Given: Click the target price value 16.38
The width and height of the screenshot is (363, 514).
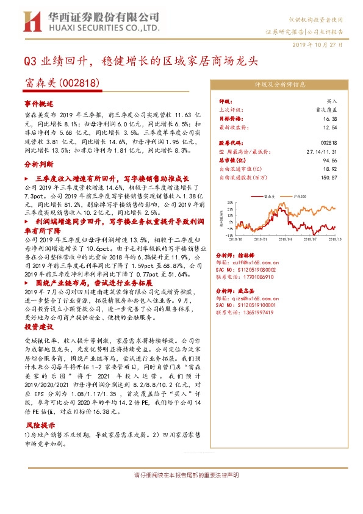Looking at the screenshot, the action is coord(330,119).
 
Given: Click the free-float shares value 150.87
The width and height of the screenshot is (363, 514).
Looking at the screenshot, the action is coord(328,178).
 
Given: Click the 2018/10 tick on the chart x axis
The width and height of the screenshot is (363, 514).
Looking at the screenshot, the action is coord(234,240).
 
